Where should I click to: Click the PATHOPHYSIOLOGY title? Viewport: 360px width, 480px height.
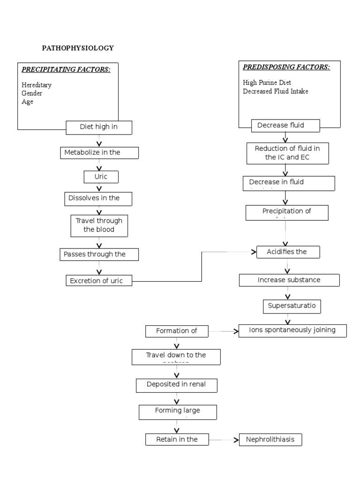[78, 48]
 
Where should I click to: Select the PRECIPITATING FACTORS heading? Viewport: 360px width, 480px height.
[66, 70]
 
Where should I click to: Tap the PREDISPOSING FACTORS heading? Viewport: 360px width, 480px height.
[286, 67]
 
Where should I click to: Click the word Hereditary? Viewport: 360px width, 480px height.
[37, 85]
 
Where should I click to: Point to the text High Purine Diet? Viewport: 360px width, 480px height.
[267, 82]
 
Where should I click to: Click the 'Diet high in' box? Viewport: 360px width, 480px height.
[99, 127]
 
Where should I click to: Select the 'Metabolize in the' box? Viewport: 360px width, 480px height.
[99, 153]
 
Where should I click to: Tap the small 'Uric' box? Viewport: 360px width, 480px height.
[101, 177]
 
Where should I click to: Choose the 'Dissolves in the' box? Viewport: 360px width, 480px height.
[98, 199]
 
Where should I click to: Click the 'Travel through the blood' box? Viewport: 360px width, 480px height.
[98, 225]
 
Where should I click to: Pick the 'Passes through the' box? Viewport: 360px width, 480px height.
[99, 255]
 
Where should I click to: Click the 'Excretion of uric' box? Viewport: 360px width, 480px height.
[99, 281]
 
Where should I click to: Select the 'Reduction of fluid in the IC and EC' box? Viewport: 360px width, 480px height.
[287, 153]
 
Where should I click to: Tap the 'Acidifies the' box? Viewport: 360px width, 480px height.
[288, 252]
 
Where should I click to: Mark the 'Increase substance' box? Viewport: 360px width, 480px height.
[289, 280]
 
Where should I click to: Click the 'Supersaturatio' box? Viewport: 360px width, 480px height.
[292, 306]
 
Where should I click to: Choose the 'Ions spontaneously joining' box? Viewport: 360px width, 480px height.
[292, 330]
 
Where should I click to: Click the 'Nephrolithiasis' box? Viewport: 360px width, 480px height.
[270, 440]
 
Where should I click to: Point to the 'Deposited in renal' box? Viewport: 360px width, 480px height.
[177, 385]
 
